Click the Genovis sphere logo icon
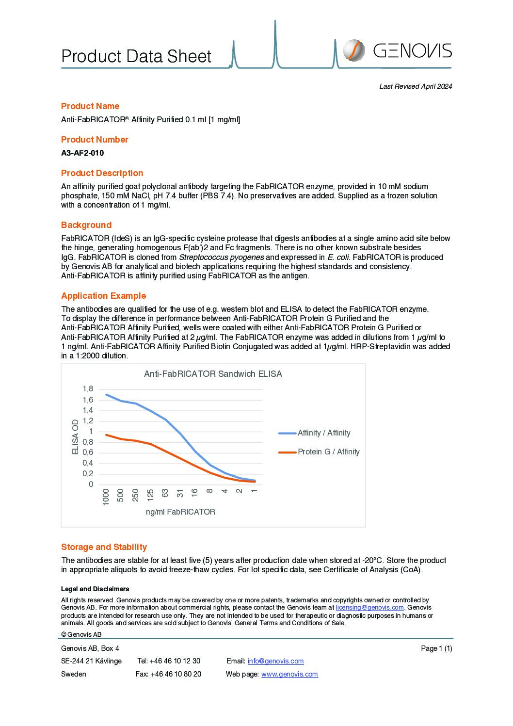354,50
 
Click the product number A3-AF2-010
82,153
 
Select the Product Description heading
102,173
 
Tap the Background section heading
86,225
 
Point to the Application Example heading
103,296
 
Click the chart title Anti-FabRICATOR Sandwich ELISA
213,374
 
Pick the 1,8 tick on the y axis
88,389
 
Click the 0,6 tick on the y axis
88,452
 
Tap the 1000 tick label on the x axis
106,497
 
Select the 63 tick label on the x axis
165,493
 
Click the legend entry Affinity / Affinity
324,433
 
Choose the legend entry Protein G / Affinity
328,452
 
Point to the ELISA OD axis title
76,437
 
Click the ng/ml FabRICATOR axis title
180,512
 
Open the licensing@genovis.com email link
369,608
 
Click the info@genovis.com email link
275,661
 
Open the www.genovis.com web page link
289,674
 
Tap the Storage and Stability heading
104,547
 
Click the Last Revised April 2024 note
416,86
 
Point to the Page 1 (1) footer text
436,648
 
